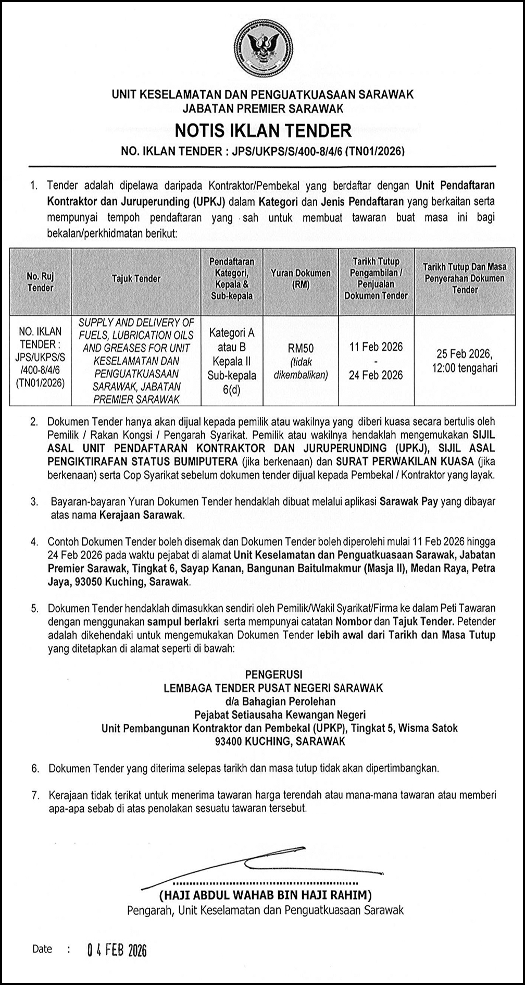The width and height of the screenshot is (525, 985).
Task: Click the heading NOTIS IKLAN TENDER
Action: pos(262,130)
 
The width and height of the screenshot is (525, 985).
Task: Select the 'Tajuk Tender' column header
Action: pos(136,279)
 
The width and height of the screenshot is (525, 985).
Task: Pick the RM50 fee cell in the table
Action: pos(301,348)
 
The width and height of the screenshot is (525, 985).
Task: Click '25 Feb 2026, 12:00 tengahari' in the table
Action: pos(464,361)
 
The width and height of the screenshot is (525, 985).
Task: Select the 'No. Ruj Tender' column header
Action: pos(40,282)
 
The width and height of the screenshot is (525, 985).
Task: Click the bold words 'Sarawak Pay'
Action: pos(409,502)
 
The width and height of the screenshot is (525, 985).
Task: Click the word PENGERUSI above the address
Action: pos(273,674)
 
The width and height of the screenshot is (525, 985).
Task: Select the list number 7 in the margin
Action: pos(35,796)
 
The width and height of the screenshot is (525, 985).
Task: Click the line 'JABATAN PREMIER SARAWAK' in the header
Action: pos(262,108)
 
